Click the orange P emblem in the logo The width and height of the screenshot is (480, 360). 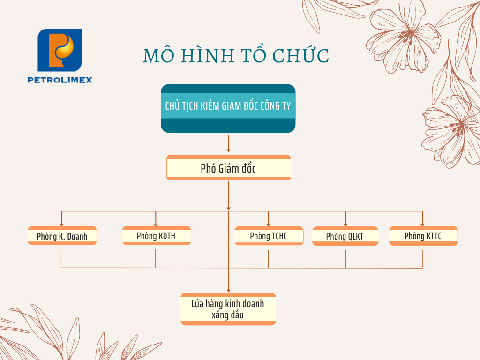[60, 50]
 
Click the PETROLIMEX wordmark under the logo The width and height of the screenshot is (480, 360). [60, 80]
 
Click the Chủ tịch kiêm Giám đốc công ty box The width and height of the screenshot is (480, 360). [228, 108]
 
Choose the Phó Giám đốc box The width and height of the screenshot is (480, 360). [228, 167]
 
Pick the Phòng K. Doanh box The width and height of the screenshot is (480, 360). [62, 235]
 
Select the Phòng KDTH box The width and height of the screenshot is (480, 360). [157, 235]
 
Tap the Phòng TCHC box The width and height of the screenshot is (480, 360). [269, 236]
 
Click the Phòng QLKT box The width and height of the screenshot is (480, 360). [345, 236]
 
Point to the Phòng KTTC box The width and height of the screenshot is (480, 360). [423, 236]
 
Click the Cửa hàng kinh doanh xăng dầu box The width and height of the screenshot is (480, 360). [228, 309]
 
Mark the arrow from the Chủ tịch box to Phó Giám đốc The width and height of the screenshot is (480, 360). [228, 143]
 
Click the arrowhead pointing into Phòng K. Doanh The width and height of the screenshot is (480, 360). [61, 225]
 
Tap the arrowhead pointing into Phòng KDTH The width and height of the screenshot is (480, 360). [156, 225]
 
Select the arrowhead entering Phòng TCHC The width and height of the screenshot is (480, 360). [269, 225]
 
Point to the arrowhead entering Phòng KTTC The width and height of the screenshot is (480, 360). [422, 225]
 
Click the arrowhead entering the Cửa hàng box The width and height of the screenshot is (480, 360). [228, 290]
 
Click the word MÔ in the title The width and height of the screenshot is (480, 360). [159, 55]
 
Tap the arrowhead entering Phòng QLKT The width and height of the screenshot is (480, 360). [345, 225]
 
